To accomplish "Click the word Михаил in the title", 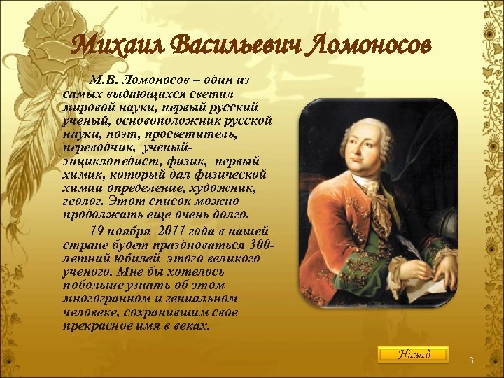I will [x=118, y=46].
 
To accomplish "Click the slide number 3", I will [x=471, y=360].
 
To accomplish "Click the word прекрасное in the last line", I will [x=97, y=325].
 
